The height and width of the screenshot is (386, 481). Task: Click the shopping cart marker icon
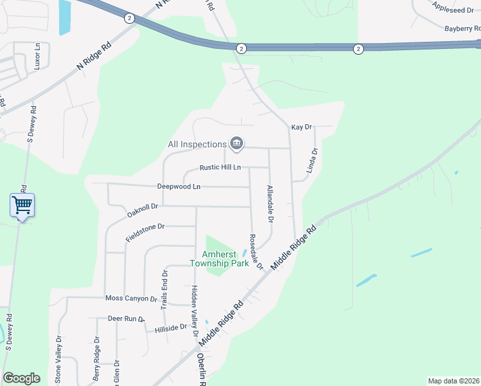click(x=22, y=205)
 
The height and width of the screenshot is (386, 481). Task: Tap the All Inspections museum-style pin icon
click(x=236, y=143)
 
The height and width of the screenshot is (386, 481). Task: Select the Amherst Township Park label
click(x=219, y=258)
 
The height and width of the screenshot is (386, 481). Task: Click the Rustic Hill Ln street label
click(x=220, y=167)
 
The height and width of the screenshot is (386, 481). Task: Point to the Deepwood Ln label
click(x=179, y=187)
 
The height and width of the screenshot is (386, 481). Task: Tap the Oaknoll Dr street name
click(x=142, y=210)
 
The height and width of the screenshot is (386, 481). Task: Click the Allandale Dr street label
click(x=270, y=205)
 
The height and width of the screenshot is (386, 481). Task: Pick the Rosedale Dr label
click(x=256, y=252)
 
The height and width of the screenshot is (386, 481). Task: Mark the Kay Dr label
click(x=301, y=127)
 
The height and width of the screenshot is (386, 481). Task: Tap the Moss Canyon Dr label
click(x=131, y=299)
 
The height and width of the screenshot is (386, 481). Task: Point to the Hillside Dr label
click(x=170, y=329)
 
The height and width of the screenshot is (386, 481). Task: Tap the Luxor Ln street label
click(x=37, y=57)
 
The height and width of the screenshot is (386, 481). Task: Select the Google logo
click(x=21, y=378)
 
